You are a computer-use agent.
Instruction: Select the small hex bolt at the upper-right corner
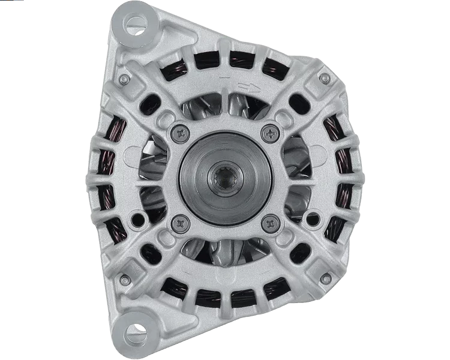click(x=325, y=77)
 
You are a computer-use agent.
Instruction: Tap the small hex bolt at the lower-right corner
click(x=325, y=279)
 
